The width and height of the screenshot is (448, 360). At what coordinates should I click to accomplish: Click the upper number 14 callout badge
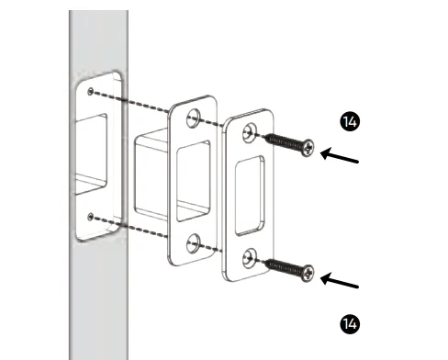pyautogui.click(x=348, y=121)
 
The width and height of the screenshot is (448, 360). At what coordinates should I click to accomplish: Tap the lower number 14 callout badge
pyautogui.click(x=348, y=323)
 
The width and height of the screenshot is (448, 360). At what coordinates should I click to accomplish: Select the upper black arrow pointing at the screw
pyautogui.click(x=343, y=159)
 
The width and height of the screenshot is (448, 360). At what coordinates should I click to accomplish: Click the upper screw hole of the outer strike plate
pyautogui.click(x=249, y=134)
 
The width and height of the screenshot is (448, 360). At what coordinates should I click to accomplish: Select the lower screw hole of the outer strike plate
pyautogui.click(x=250, y=258)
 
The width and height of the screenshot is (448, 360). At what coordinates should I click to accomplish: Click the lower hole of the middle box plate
pyautogui.click(x=195, y=243)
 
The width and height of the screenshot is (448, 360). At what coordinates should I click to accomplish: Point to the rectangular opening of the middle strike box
pyautogui.click(x=195, y=180)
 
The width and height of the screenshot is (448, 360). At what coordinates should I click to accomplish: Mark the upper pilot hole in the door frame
pyautogui.click(x=90, y=92)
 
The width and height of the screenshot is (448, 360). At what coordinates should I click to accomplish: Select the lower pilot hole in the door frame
pyautogui.click(x=91, y=216)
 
